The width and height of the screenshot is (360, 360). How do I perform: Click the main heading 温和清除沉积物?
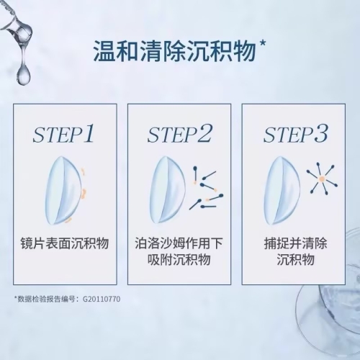pos(174,51)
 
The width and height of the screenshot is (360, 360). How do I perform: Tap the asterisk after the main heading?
pos(262,44)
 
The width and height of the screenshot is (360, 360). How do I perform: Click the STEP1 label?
pos(63,134)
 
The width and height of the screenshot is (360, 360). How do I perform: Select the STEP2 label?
pos(179,134)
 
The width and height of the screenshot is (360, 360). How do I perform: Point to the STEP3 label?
pos(295,134)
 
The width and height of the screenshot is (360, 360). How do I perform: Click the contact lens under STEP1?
pos(64,191)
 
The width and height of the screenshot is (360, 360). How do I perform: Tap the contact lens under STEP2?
pos(167,190)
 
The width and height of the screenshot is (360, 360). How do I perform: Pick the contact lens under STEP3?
pos(282,190)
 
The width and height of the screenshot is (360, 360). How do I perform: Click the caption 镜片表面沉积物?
pos(65,243)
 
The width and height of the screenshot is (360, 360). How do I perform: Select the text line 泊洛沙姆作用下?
pos(179,243)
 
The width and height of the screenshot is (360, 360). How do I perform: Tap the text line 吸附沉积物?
pos(179,259)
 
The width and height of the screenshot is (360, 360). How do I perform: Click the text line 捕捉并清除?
pos(295,243)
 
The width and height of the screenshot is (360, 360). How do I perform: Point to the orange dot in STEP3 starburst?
pos(321,179)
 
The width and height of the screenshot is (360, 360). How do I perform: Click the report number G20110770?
pos(102,300)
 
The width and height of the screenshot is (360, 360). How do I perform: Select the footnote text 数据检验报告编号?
pos(46,300)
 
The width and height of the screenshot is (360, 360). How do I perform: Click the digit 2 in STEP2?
pos(204,133)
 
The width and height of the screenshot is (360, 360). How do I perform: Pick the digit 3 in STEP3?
pos(320,133)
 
